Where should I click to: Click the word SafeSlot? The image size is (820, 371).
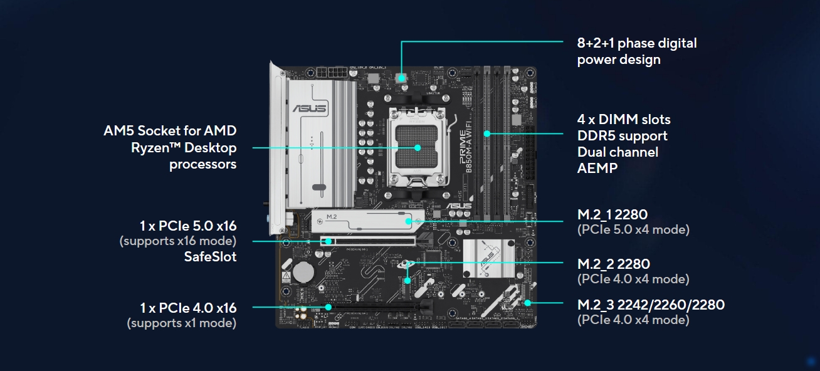210,256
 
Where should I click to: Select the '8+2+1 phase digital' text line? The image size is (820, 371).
636,43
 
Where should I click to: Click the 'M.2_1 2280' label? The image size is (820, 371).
612,214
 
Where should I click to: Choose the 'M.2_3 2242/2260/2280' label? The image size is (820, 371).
650,305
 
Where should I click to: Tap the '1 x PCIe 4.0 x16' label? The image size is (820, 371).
188,308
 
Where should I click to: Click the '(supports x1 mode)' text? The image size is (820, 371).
182,323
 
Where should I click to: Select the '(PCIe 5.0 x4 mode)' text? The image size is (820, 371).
633,229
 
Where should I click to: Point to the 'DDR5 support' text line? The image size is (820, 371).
622,135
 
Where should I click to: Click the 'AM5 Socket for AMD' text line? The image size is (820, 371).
170,131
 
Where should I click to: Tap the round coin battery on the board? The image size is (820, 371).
304,271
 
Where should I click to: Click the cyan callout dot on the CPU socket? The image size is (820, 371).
418,148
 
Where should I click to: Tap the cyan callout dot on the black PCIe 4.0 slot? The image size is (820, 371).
329,307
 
